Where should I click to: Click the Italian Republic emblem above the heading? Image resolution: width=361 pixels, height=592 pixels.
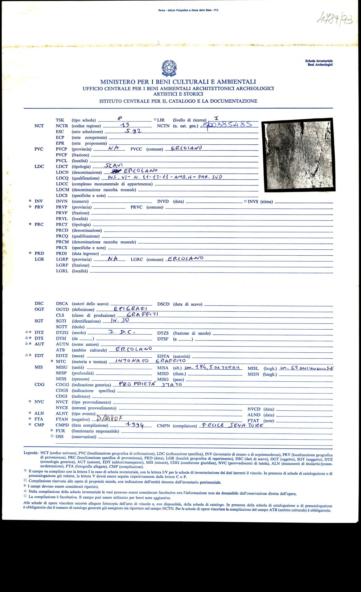(169, 68)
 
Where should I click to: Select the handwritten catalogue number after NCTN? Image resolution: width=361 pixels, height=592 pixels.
(226, 125)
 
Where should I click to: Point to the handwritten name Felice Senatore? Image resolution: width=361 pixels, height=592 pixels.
(231, 425)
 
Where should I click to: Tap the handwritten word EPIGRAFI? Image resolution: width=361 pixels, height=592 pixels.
(131, 309)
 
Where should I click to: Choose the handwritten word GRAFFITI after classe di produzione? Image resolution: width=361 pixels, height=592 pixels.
(143, 314)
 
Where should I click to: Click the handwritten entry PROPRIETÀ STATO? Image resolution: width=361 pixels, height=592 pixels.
(150, 384)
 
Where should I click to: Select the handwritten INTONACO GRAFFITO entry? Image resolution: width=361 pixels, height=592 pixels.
(150, 361)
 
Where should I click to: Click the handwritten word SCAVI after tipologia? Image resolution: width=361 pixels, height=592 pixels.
(114, 165)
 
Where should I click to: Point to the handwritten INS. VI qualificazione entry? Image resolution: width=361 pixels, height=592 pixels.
(165, 177)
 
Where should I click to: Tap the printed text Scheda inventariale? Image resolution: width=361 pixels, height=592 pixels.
(319, 61)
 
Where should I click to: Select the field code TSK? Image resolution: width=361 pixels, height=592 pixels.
(60, 120)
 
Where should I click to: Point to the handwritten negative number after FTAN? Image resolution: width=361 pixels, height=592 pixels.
(110, 418)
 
